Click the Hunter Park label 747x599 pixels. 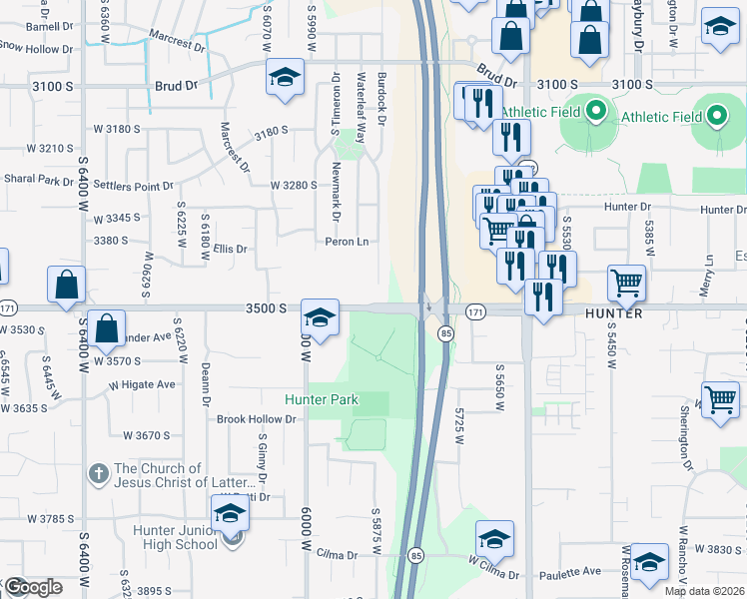(322, 399)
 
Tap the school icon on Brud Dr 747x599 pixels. (285, 76)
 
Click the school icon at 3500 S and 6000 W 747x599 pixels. (320, 318)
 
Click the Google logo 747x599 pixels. (32, 587)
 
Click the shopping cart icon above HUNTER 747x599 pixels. (626, 282)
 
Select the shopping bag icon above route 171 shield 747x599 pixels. (66, 284)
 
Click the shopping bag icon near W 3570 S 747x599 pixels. (107, 326)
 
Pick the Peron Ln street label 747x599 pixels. (347, 242)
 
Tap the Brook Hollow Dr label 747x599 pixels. (257, 419)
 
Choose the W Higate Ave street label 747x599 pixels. (142, 384)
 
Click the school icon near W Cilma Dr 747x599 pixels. (494, 539)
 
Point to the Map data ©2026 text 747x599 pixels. (705, 591)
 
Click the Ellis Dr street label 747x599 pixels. (229, 249)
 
